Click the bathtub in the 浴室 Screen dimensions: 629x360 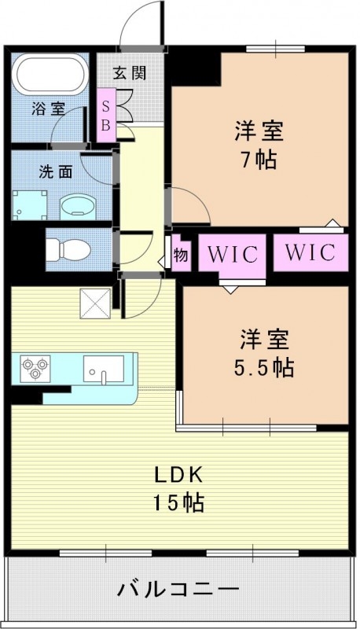click(50, 75)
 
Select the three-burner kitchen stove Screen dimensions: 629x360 click(34, 367)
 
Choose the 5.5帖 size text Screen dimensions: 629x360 click(265, 366)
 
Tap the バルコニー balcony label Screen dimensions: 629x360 click(180, 587)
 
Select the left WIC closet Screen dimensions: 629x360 click(229, 253)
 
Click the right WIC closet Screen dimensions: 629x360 click(309, 252)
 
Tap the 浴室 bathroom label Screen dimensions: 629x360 click(48, 109)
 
